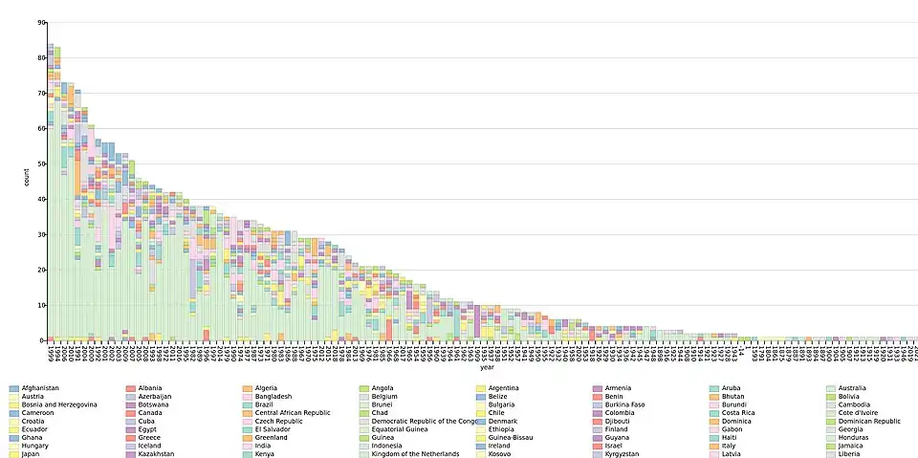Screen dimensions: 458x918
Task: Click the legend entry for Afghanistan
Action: (39, 388)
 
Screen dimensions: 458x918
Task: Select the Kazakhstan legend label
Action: (157, 453)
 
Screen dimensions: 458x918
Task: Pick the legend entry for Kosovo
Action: (500, 453)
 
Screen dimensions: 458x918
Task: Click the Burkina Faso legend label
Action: (625, 404)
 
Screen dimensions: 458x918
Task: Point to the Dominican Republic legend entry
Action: (868, 421)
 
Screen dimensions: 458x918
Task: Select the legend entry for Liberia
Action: (849, 453)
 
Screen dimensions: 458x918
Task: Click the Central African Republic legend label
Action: (293, 412)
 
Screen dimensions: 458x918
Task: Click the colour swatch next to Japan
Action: (13, 453)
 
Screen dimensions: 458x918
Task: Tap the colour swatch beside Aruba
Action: (714, 388)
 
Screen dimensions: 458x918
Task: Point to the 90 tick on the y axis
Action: (41, 22)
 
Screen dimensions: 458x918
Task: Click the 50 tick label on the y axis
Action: (41, 164)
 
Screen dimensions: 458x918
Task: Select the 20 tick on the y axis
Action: (41, 270)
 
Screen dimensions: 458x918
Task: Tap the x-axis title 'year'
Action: (488, 367)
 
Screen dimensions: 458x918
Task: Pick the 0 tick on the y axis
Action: (43, 340)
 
